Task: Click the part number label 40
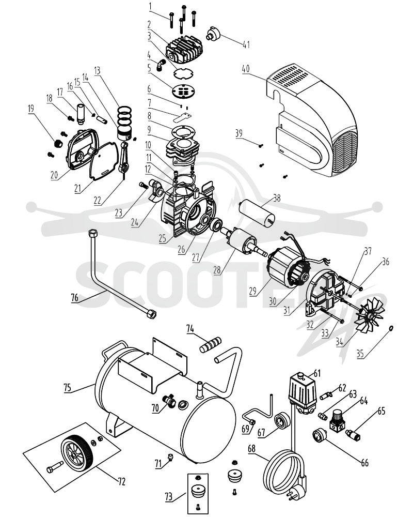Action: click(246, 69)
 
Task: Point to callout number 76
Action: click(75, 298)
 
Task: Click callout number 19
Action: click(30, 108)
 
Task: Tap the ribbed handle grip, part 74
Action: click(211, 344)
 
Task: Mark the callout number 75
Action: click(67, 387)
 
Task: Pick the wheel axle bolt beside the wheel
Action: click(55, 466)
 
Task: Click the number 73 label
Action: click(168, 496)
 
